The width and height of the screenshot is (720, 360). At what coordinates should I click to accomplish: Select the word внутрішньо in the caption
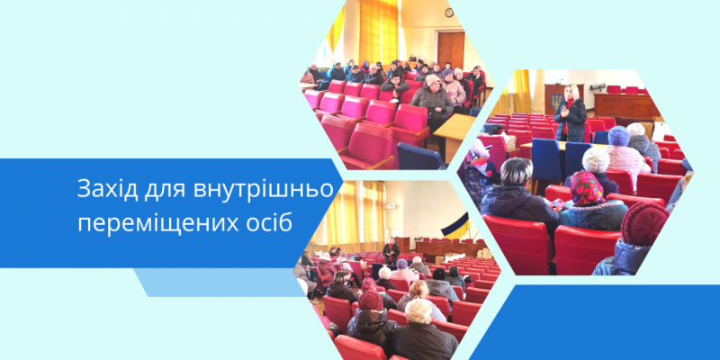[x=263, y=190]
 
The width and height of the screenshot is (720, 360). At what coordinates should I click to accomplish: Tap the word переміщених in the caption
[x=155, y=224]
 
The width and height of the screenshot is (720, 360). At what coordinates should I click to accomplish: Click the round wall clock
[x=449, y=13]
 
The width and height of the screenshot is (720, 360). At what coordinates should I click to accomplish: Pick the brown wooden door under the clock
[x=451, y=50]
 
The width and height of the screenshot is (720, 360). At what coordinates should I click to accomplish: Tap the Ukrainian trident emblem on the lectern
[x=556, y=101]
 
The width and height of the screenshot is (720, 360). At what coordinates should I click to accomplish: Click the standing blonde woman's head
[x=571, y=93]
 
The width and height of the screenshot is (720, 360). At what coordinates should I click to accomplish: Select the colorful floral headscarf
[x=587, y=189]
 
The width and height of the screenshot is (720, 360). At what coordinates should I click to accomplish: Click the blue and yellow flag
[x=455, y=226]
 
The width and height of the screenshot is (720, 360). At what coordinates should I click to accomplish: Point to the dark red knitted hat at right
[x=644, y=223]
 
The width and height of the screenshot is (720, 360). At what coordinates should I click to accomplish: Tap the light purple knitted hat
[x=618, y=136]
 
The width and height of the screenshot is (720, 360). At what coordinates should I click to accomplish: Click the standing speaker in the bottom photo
[x=391, y=251]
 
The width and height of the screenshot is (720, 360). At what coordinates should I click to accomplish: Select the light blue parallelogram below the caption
[x=220, y=283]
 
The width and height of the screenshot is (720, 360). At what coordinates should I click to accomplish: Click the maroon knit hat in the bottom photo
[x=371, y=301]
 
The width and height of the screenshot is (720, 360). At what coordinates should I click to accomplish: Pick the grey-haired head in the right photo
[x=516, y=172]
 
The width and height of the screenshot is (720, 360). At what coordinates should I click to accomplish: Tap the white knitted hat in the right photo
[x=596, y=160]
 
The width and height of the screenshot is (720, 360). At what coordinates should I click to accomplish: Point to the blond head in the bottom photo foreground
[x=418, y=310]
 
